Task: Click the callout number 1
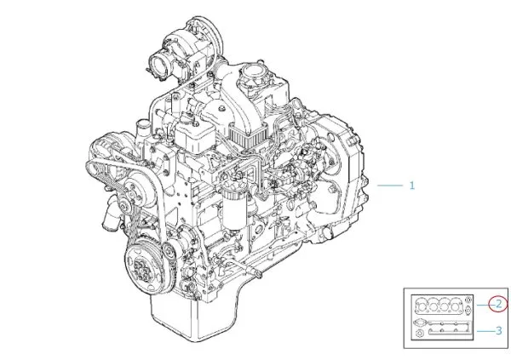coord(412,186)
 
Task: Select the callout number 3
coord(498,331)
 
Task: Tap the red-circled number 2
coord(498,304)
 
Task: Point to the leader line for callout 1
coord(390,186)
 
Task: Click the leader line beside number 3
coord(485,331)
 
